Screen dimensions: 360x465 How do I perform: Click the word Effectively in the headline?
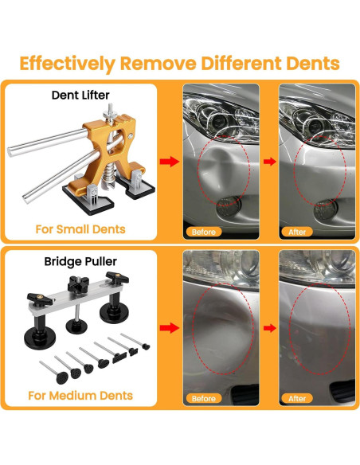tap(68, 64)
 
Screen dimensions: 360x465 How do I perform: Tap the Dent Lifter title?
tap(80, 96)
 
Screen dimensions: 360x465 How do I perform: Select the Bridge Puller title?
tap(80, 261)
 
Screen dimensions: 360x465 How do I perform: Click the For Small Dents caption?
tap(80, 229)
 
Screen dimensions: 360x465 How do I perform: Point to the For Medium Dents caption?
tap(80, 396)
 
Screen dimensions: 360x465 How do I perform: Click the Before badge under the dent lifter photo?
tap(204, 232)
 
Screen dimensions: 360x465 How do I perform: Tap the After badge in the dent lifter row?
tap(297, 232)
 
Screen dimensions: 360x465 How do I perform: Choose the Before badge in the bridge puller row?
tap(204, 398)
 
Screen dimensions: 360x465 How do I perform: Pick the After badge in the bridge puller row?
tap(297, 398)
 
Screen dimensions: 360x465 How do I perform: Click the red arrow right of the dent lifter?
tap(170, 162)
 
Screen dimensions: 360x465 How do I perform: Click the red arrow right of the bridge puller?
tap(170, 328)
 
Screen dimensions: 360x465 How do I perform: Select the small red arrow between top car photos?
tap(270, 162)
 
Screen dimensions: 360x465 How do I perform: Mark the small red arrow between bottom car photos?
tap(270, 328)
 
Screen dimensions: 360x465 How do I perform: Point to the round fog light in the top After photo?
tap(326, 209)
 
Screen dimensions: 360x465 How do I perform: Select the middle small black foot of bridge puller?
tap(76, 326)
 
